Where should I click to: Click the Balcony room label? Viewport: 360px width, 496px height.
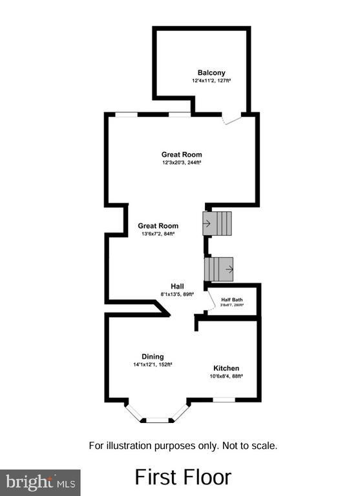211,73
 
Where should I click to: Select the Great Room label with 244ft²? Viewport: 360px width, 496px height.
182,154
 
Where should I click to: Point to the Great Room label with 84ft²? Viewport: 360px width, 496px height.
158,226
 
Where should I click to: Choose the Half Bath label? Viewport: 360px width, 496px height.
233,299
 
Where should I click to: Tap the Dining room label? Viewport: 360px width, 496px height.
153,356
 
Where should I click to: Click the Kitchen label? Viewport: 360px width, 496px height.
226,367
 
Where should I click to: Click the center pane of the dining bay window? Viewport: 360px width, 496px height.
156,420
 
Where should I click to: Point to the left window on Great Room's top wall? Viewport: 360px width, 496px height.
126,114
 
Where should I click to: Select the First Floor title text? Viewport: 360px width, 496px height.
182,477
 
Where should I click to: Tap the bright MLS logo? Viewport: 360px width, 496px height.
40,482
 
